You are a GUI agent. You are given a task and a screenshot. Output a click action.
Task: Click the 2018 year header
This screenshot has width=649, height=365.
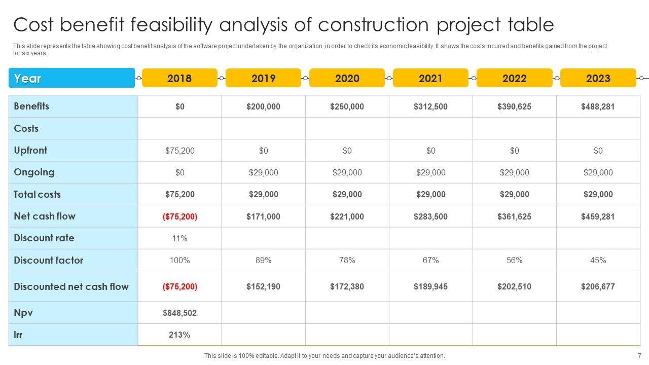coord(179,78)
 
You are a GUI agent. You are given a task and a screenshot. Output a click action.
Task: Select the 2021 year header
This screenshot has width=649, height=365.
coord(430,78)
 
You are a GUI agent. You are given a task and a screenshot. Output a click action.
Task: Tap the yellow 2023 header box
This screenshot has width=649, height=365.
coord(598,78)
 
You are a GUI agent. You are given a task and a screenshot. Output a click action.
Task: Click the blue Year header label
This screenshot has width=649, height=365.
coord(28,79)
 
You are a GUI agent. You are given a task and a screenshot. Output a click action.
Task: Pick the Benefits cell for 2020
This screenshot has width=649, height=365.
coord(347,106)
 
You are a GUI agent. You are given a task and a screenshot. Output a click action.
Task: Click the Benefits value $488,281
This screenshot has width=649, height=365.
coord(598,106)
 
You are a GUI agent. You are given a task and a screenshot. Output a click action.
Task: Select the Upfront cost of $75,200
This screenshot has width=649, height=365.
coord(179,151)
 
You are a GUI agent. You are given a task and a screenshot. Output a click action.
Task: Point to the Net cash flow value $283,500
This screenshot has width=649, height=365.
coord(430,216)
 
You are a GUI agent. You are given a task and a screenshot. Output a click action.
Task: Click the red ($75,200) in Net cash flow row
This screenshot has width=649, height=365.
coord(179,216)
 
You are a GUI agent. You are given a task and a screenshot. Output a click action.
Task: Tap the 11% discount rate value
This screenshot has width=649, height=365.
coord(179,238)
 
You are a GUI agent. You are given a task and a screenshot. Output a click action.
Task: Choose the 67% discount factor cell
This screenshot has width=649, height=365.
coord(430,260)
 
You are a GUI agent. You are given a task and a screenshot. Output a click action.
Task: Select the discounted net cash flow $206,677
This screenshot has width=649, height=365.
coord(598,286)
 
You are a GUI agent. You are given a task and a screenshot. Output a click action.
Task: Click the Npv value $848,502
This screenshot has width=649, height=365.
coord(179,313)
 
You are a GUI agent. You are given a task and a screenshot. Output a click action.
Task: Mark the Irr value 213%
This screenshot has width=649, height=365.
coord(179,335)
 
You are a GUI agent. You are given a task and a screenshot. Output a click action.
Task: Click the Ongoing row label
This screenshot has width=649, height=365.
coord(34,172)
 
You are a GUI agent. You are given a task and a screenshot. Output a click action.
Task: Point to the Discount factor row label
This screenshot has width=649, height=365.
coord(48,260)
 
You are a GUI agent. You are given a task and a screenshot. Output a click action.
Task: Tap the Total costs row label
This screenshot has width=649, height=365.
coord(37,194)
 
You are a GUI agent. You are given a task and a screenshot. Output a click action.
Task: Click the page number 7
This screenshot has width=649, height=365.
coord(639,356)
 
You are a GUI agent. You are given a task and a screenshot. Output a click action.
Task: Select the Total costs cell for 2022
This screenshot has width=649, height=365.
coord(514,194)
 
